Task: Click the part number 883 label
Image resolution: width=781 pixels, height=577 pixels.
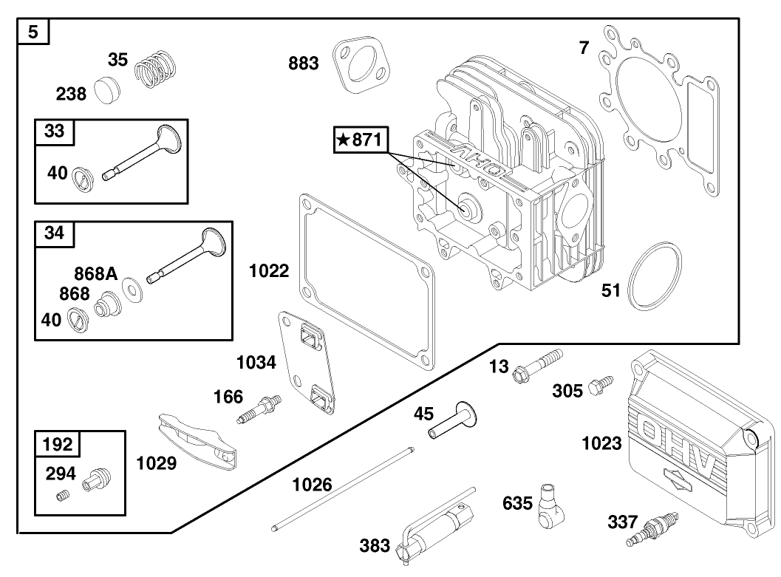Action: pos(303,64)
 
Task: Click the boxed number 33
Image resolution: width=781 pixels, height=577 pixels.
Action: pos(54,132)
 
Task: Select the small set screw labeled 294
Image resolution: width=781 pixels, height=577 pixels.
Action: pos(65,496)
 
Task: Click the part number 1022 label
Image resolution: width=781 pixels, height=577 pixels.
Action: pos(268,270)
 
